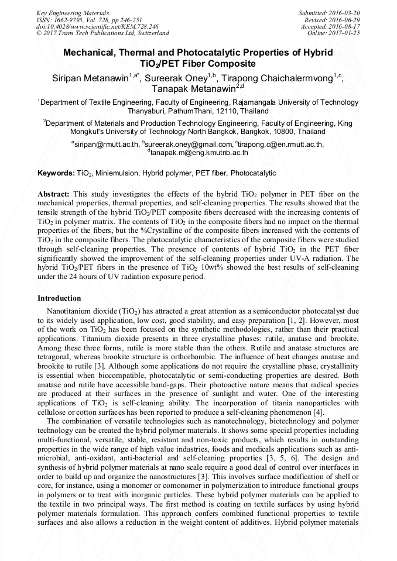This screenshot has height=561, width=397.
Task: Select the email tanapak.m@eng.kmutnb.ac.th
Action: [x=200, y=153]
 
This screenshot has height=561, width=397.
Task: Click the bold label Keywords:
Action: [x=56, y=174]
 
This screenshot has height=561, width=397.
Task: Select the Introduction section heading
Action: [x=59, y=298]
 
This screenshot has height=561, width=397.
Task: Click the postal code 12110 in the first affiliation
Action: [x=225, y=111]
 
